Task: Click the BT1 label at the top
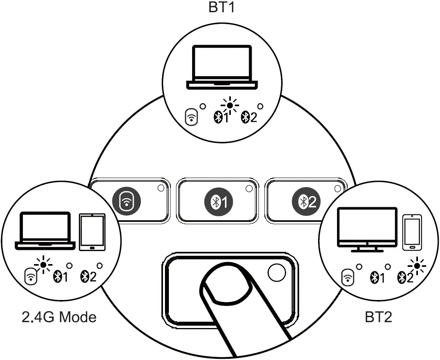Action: pos(221,8)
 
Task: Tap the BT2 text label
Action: pos(378,317)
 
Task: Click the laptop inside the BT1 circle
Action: pos(222,67)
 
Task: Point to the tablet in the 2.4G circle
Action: pos(92,232)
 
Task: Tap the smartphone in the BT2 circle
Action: pos(412,232)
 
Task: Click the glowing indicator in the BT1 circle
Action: pos(230,105)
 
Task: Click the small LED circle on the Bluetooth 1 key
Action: pos(249,189)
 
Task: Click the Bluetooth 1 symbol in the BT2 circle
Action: pos(377,278)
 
